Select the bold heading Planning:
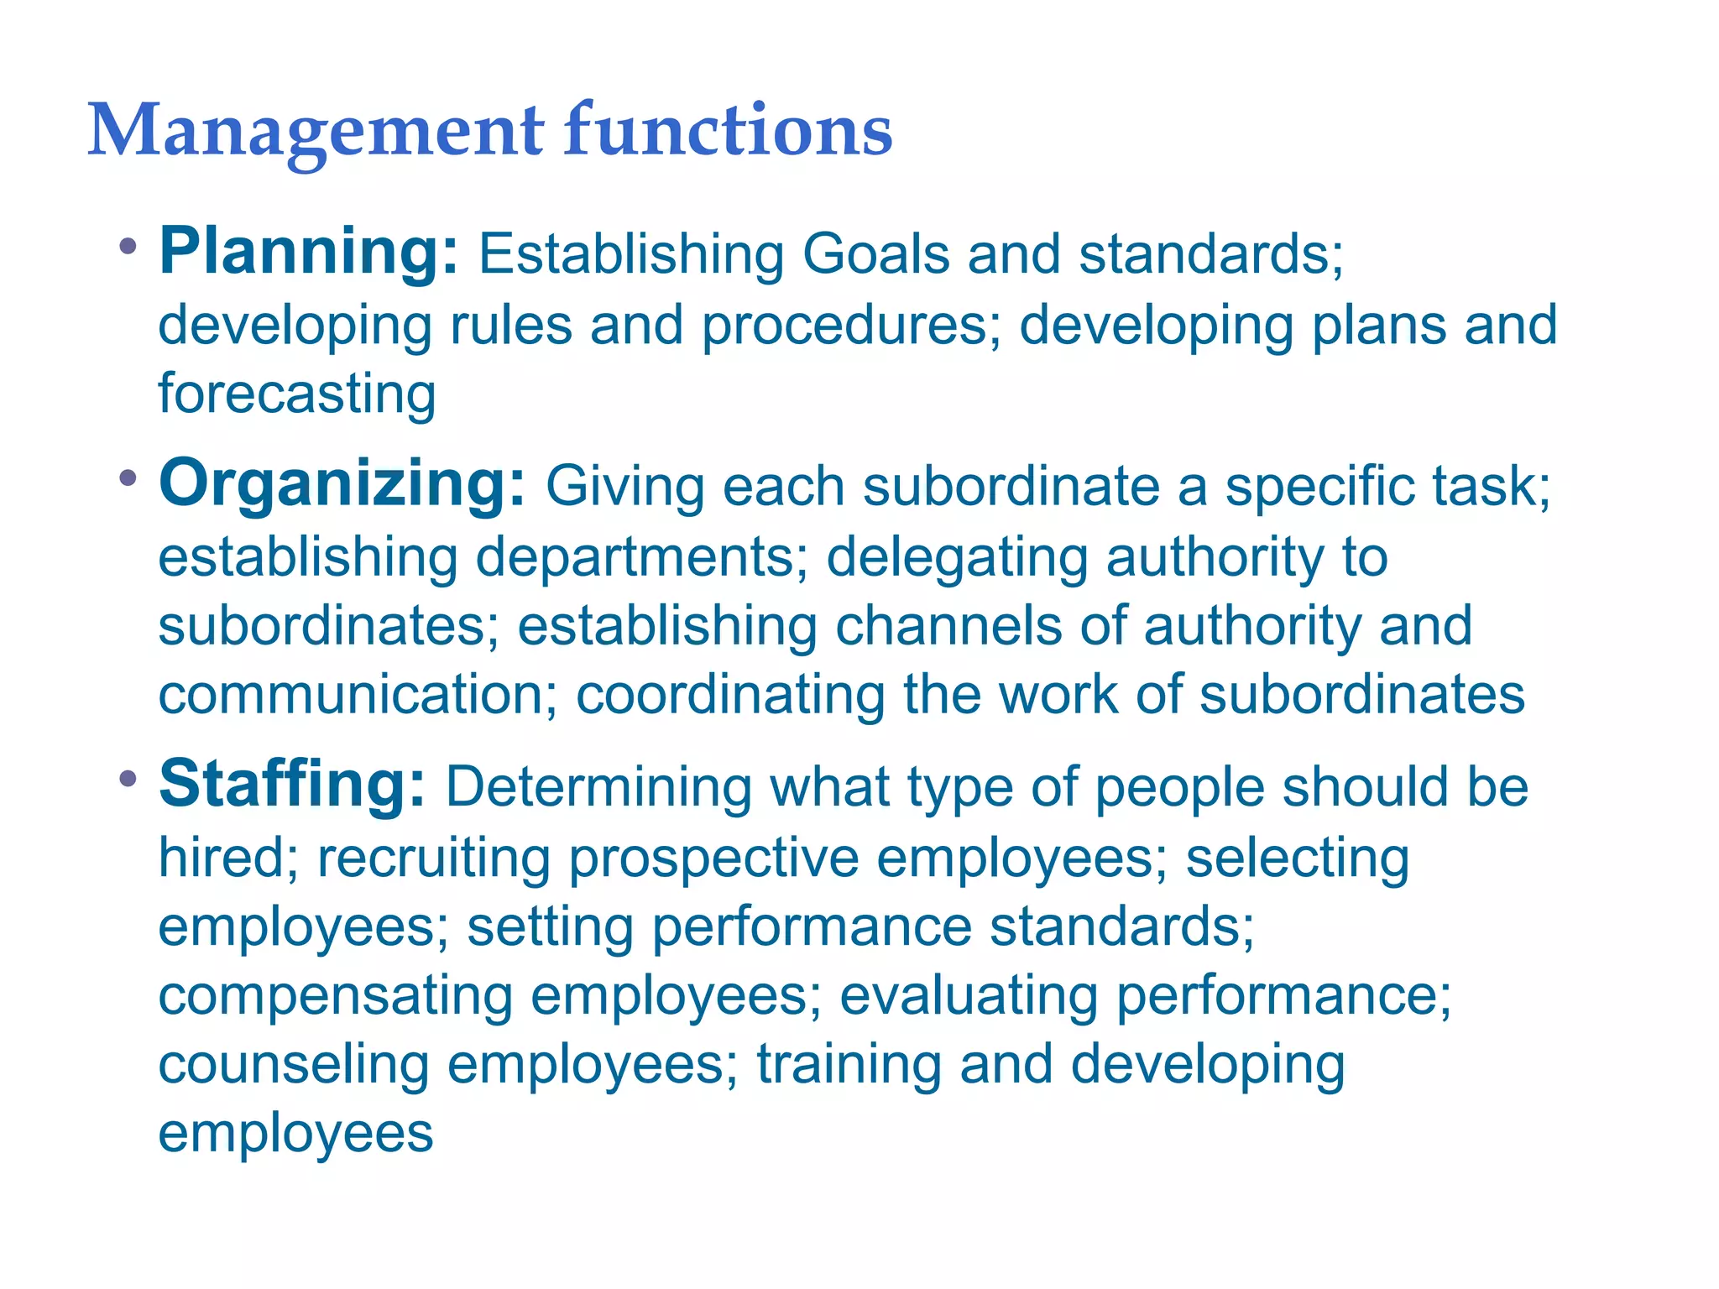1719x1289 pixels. tap(309, 252)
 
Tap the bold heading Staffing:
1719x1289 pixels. tap(292, 784)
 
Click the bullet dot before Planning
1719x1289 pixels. tap(128, 247)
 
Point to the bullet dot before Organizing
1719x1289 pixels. tap(128, 479)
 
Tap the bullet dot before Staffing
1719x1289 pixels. tap(128, 779)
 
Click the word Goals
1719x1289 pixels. tap(875, 253)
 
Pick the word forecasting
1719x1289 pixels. tap(297, 394)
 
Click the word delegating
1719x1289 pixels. tap(957, 559)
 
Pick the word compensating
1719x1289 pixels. tap(336, 996)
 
